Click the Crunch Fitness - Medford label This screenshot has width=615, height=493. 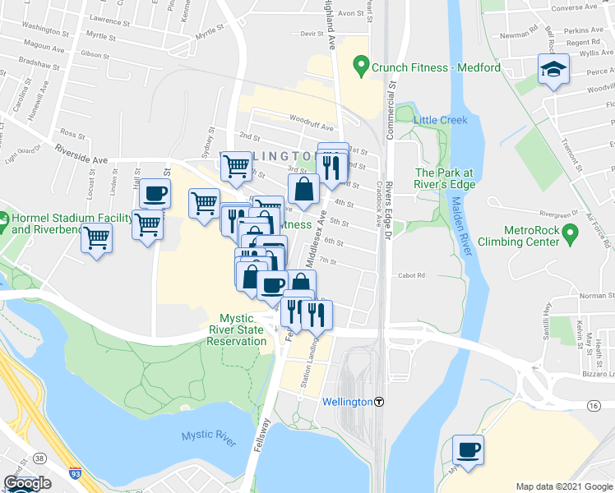436,67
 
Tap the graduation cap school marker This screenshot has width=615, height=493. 553,71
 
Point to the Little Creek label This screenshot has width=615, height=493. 441,120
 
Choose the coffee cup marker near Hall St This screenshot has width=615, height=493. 154,195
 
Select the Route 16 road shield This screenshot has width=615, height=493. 593,406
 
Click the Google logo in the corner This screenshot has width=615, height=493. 27,483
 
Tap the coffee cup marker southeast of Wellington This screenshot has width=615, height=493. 468,450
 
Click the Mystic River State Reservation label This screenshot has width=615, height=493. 243,329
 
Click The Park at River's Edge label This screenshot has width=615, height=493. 444,177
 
